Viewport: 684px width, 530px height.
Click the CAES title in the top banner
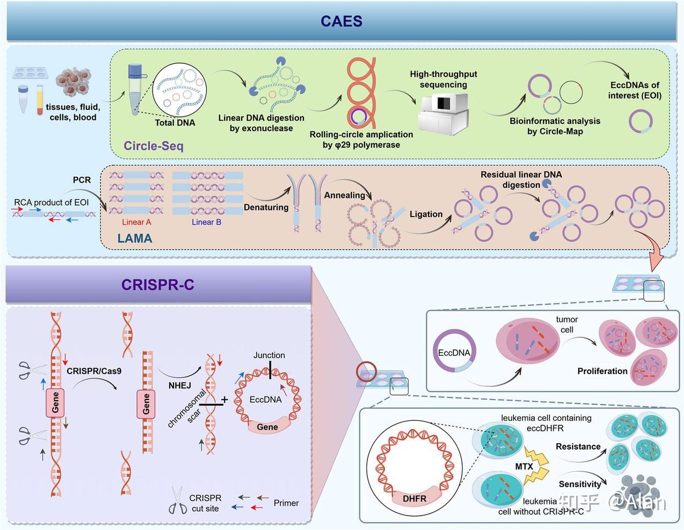click(341, 21)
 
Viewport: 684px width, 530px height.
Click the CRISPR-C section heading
click(158, 285)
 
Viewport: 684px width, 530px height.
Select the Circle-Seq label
click(153, 145)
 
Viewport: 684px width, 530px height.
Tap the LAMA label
click(134, 238)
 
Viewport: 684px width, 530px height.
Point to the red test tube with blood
click(40, 99)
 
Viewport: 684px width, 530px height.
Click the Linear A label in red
click(136, 222)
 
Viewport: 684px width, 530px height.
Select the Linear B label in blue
click(207, 222)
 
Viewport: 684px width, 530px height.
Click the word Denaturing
click(266, 207)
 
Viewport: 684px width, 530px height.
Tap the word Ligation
click(426, 214)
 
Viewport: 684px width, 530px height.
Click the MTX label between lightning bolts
click(524, 467)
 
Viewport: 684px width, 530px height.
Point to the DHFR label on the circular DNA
click(414, 498)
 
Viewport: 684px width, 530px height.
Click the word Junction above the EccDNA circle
click(269, 355)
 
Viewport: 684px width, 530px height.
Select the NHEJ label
click(180, 386)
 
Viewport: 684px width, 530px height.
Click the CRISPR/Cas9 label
click(94, 371)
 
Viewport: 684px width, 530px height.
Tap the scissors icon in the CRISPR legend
click(177, 501)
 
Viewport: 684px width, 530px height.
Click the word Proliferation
click(602, 371)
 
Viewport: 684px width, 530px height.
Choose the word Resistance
click(578, 446)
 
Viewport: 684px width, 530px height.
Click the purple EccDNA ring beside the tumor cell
click(454, 353)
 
